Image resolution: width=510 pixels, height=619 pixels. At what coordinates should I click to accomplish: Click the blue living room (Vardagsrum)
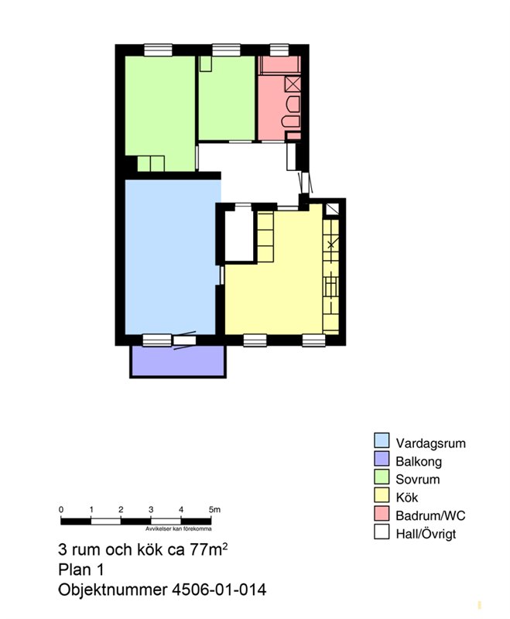172,257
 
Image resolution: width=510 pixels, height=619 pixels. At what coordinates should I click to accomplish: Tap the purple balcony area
178,361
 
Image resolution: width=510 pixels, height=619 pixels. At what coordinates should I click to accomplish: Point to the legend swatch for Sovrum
382,477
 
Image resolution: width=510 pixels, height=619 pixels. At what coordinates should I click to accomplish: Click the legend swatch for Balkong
382,458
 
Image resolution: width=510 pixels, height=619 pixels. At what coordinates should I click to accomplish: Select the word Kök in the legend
406,498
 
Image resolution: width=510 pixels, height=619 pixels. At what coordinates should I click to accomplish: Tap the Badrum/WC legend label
430,515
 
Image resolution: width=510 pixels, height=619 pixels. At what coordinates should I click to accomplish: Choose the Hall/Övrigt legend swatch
382,532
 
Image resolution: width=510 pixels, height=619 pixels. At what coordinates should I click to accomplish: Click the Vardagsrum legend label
430,443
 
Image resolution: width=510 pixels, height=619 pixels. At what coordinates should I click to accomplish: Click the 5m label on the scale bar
214,510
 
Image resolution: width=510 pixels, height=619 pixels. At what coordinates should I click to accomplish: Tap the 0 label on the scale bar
61,510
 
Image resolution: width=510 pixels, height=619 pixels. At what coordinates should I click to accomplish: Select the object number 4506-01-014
219,590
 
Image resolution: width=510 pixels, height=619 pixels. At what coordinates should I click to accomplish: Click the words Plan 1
81,569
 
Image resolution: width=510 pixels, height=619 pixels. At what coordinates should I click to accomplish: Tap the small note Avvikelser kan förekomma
179,528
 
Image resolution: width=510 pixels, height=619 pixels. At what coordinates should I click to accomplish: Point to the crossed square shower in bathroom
293,84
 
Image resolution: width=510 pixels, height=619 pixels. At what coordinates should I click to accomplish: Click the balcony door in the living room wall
185,340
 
